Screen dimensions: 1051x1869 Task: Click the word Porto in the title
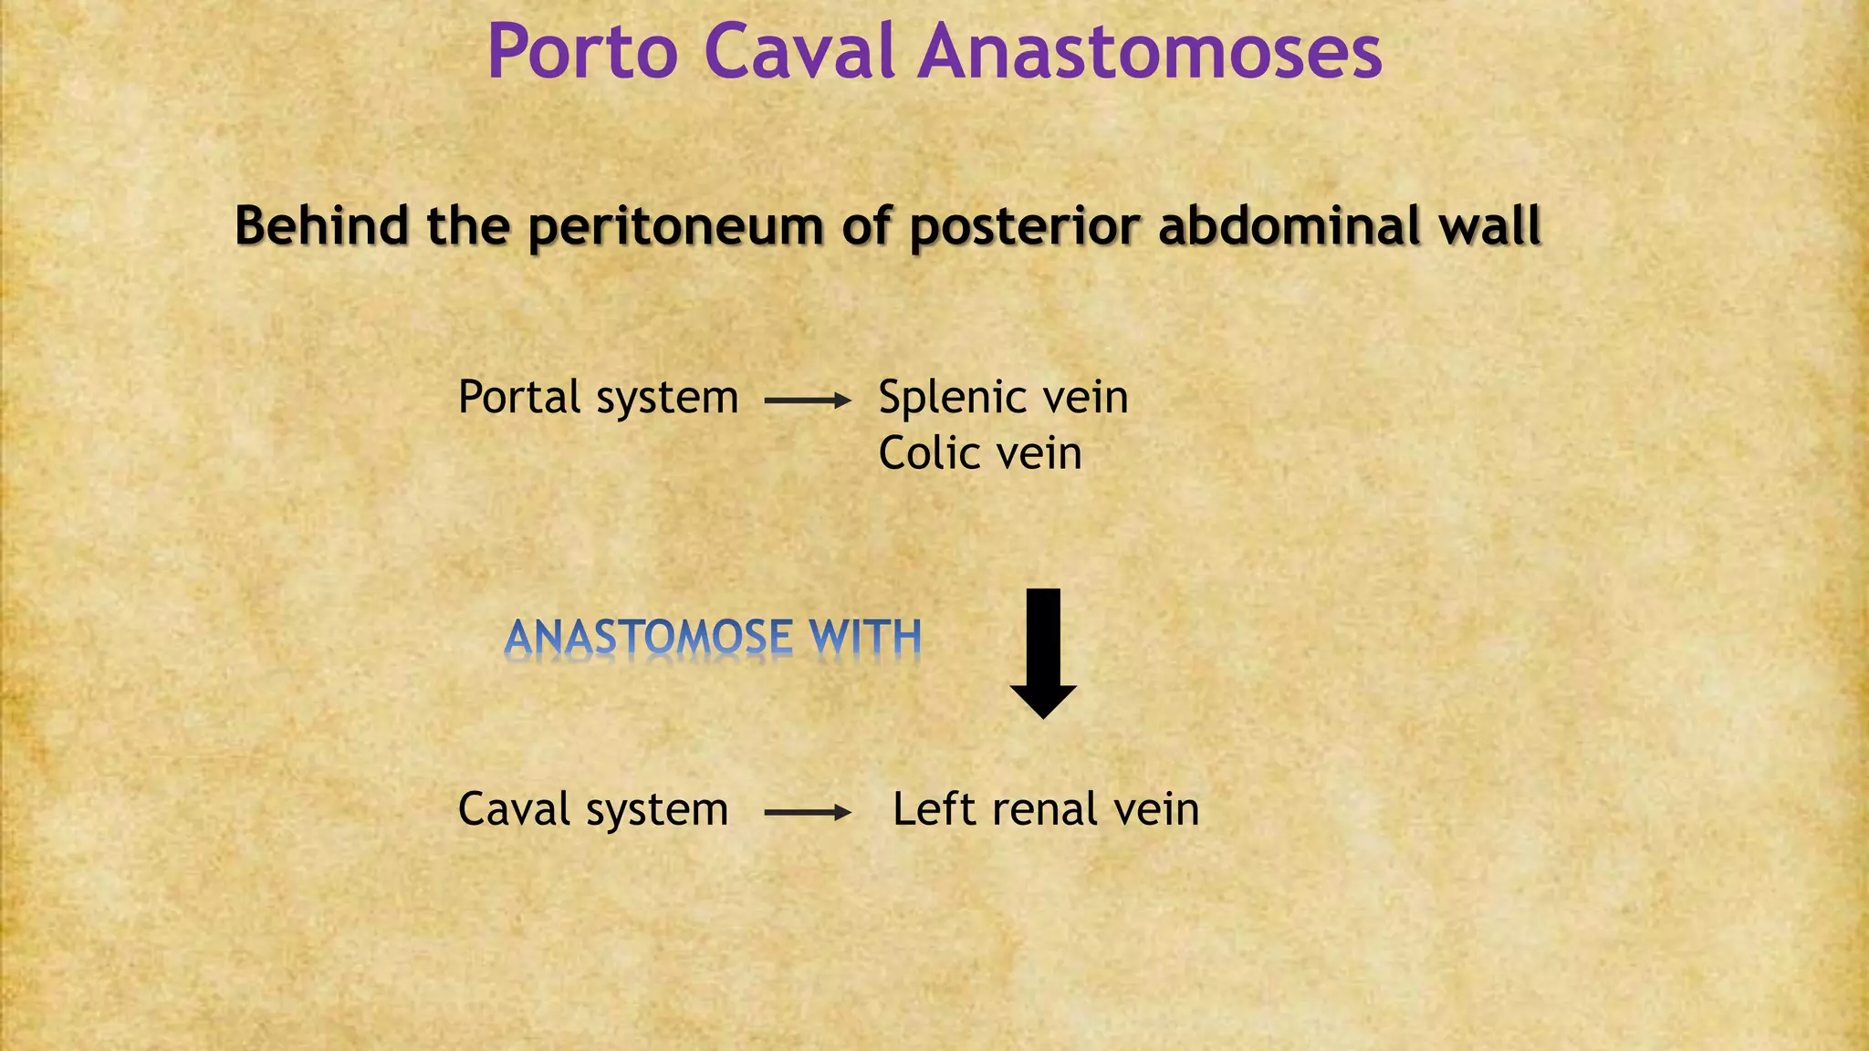(582, 52)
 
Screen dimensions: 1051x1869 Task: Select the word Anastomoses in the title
(1150, 52)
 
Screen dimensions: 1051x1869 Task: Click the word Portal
(519, 399)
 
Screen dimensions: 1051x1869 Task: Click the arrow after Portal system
(807, 401)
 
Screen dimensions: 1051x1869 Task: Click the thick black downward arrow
(1043, 652)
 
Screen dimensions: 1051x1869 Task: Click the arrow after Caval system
(807, 812)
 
